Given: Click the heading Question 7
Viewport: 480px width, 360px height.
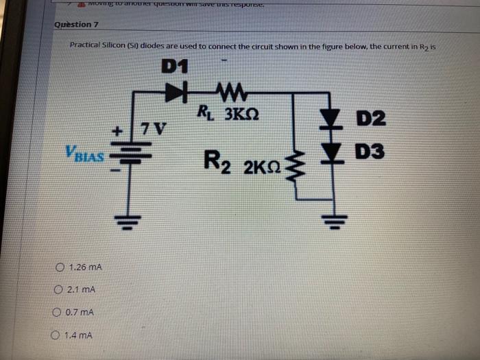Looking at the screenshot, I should tap(77, 25).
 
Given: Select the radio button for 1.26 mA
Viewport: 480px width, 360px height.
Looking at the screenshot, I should tap(61, 267).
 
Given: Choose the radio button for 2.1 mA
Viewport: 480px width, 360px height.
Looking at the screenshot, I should tap(59, 290).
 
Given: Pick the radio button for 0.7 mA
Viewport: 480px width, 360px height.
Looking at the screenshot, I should tap(58, 313).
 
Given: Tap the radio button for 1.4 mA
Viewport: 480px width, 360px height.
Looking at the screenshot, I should tap(56, 335).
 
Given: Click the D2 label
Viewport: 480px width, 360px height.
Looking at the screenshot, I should tap(371, 118).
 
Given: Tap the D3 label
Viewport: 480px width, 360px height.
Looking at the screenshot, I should tap(370, 151).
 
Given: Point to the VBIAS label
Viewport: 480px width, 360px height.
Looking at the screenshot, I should tap(85, 154).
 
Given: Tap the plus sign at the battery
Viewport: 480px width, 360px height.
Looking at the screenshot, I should tap(117, 129).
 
